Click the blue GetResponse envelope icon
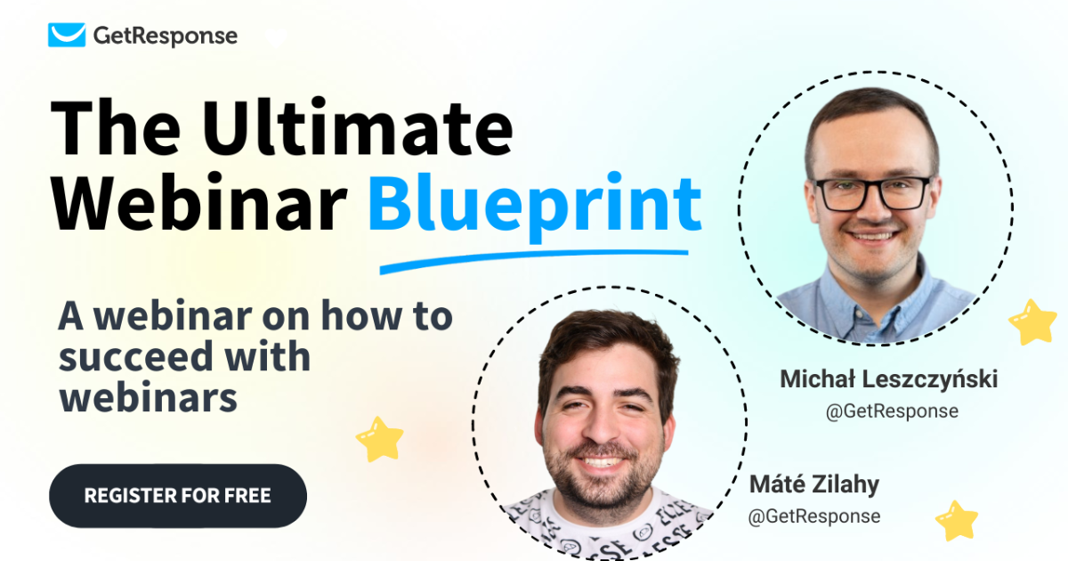(x=68, y=36)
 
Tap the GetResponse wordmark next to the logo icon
(x=166, y=36)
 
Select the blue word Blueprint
(x=535, y=202)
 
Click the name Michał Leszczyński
(x=888, y=379)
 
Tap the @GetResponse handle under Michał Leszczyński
(x=892, y=411)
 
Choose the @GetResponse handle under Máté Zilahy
(x=814, y=516)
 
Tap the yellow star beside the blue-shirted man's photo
(x=1032, y=322)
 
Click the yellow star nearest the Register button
(x=380, y=438)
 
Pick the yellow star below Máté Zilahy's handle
(x=957, y=520)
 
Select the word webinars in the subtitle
(x=149, y=398)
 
